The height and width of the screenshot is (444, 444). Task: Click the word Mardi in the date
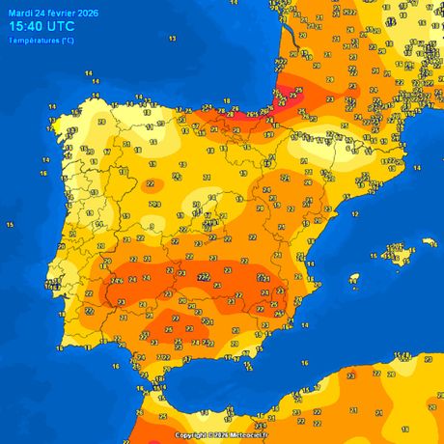19,12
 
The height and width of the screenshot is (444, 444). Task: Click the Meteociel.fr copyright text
221,435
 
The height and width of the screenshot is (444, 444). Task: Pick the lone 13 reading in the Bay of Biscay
172,38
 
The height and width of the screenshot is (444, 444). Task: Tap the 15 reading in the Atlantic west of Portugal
10,224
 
